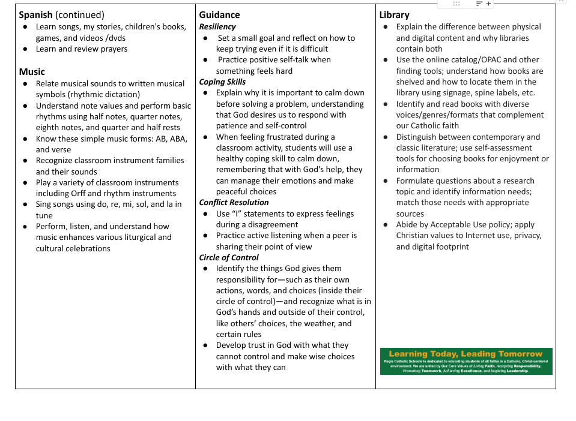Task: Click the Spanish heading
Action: pos(35,15)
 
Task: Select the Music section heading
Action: pos(32,72)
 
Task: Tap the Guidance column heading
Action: pos(219,15)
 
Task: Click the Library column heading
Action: pos(394,15)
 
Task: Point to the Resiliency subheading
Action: pos(217,26)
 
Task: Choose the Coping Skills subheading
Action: pos(222,82)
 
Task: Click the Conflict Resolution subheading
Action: pos(234,203)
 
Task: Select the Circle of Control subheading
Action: pos(229,258)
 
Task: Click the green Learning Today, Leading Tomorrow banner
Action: pos(466,361)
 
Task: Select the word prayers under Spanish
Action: pos(112,49)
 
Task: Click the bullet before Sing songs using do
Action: pos(25,205)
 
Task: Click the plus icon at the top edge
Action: pos(488,4)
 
